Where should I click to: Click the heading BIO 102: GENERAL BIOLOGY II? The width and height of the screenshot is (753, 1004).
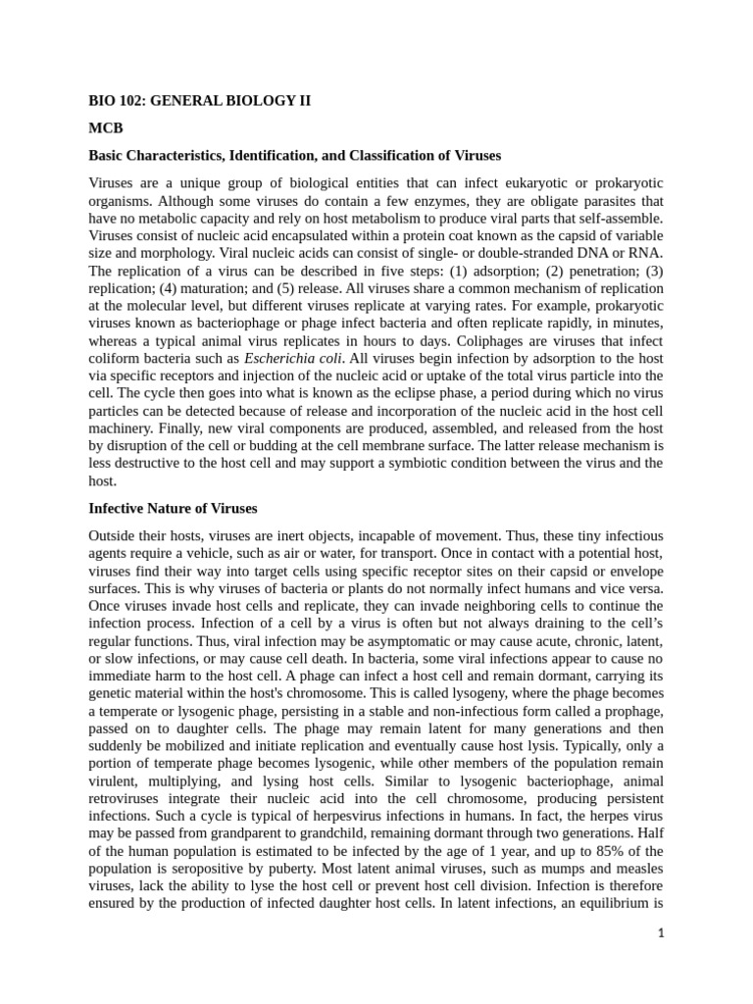click(200, 102)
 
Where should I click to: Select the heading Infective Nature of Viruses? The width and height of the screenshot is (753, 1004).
click(173, 508)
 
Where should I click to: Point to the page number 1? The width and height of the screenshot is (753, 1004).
click(661, 933)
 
